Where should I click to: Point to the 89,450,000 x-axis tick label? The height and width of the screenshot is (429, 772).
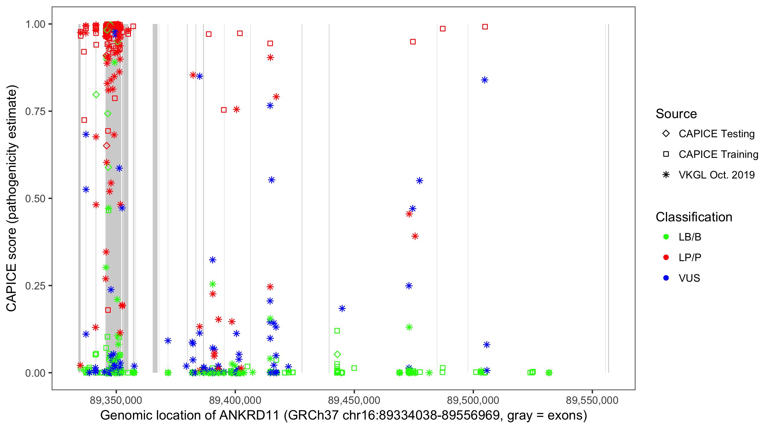[354, 400]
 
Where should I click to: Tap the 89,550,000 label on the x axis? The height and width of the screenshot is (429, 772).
[592, 400]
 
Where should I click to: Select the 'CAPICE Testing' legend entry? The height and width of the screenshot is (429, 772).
[716, 134]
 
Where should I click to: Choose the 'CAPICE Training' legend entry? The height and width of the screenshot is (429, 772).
[718, 154]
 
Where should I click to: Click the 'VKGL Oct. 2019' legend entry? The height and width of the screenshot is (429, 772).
[716, 175]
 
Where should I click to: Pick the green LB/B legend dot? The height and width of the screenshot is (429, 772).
[666, 237]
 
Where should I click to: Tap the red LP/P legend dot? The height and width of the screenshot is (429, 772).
[666, 257]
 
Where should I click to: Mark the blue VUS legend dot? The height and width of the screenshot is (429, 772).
[666, 278]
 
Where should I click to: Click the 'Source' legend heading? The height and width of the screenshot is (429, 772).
[676, 114]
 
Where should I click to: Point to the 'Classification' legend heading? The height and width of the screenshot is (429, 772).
[694, 217]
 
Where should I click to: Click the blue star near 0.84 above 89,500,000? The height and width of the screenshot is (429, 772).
[485, 80]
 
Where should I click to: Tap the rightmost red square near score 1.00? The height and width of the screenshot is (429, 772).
[485, 27]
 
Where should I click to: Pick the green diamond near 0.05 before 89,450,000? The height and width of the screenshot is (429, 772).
[337, 354]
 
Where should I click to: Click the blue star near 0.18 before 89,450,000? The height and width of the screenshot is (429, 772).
[342, 309]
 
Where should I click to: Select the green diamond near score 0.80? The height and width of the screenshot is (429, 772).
[96, 95]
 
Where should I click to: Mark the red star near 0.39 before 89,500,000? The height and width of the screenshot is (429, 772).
[415, 236]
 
